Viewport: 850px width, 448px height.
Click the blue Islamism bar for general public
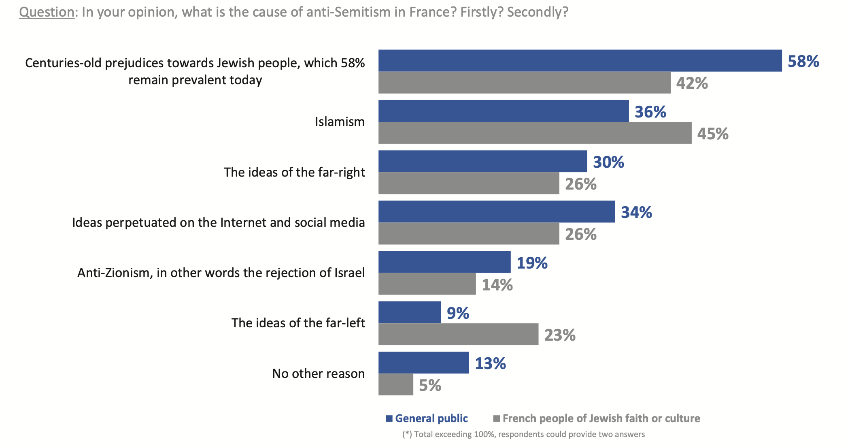pos(503,111)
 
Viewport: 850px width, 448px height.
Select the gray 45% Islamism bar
pos(534,133)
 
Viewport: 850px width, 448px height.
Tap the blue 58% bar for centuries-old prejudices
pos(580,61)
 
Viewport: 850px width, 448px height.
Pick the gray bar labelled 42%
pos(524,83)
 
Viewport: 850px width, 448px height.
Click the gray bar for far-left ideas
pos(458,334)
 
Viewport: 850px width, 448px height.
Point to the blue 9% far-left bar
pos(410,312)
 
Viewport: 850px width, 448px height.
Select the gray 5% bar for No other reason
pos(395,384)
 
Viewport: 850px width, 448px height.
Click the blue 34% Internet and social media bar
pos(496,211)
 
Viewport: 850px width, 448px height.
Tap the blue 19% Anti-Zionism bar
pos(444,262)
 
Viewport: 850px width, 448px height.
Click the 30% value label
pos(608,162)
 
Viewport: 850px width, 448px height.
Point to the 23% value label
pos(560,335)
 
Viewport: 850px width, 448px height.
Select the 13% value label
pos(490,363)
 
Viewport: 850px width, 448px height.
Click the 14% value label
pos(497,285)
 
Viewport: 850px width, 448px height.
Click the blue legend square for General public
pos(389,419)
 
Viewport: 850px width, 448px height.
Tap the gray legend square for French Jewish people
pos(496,419)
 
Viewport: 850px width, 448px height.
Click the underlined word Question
pos(47,12)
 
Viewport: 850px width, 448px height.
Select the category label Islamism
pos(340,122)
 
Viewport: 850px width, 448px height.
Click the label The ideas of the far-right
pos(294,172)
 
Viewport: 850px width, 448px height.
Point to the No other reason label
pos(318,373)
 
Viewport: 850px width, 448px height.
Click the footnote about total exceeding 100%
pos(523,434)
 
